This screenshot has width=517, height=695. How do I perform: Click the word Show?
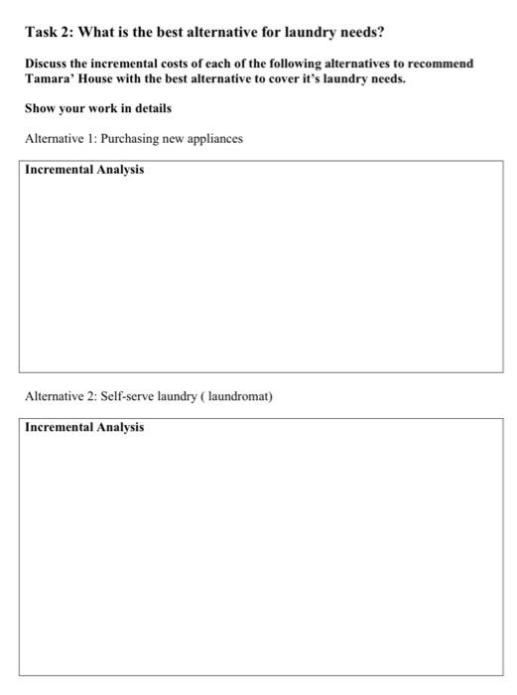(x=41, y=107)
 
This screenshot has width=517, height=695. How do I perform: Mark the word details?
(x=150, y=107)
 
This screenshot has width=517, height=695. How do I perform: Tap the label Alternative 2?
(x=59, y=397)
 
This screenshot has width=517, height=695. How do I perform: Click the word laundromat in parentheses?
(x=237, y=397)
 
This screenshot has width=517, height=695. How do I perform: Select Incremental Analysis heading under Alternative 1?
(x=84, y=170)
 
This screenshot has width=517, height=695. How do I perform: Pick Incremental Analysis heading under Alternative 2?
(x=84, y=428)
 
